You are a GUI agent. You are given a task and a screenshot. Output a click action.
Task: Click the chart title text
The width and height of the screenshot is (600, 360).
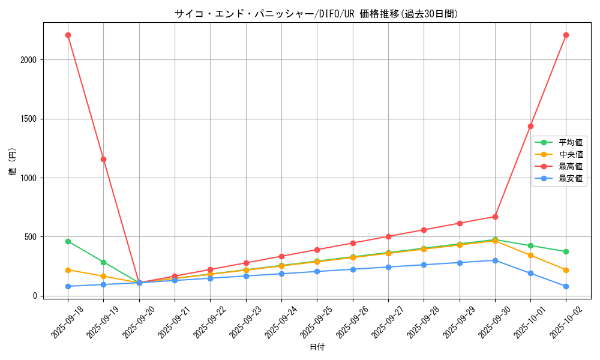316,14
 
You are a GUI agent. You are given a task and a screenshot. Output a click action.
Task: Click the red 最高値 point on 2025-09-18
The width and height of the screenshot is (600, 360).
68,35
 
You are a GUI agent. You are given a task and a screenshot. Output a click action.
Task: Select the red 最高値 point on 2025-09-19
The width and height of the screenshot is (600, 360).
103,159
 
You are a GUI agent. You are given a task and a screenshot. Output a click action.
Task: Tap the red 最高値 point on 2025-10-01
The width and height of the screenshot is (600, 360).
530,126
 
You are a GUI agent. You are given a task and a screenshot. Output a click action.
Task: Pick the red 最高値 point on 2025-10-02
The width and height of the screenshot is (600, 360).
566,35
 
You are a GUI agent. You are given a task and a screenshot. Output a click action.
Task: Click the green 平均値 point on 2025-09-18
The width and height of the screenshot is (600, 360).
68,241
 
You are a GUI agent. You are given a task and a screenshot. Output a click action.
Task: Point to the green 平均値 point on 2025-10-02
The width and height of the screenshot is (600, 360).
566,251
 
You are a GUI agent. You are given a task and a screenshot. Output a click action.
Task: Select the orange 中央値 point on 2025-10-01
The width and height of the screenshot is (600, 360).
530,256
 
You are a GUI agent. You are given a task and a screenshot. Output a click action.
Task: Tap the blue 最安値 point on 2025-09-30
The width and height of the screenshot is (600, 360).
495,260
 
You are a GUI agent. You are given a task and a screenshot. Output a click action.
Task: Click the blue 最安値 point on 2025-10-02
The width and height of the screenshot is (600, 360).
566,286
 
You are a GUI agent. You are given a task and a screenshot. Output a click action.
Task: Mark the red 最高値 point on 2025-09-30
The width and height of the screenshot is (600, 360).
495,217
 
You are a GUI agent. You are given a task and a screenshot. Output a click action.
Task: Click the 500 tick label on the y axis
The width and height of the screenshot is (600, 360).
31,237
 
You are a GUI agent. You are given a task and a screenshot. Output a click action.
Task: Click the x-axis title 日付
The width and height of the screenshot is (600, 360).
317,347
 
